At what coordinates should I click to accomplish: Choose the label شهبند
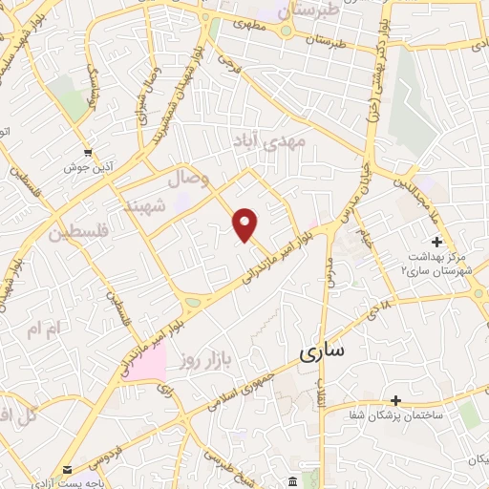pos(146,204)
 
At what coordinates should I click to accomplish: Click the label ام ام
pos(44,330)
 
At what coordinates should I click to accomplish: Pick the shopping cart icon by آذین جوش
pos(88,151)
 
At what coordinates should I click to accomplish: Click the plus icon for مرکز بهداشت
pos(436,242)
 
